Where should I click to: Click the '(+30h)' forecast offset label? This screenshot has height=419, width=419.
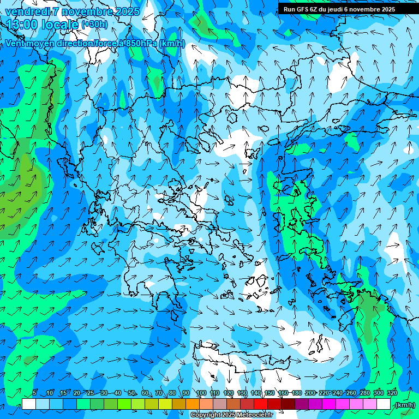pos(94,24)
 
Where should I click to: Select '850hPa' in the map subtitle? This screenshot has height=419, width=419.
pos(141,44)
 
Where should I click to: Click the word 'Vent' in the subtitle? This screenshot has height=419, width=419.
pos(16,44)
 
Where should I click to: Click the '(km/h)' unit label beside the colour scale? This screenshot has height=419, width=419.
pos(405,405)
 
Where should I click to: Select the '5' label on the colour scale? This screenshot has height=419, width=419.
pos(34,393)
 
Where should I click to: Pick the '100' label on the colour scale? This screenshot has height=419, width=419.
pos(201,393)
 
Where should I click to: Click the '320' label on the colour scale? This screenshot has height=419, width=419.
pos(392,393)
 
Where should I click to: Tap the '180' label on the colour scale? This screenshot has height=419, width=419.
pos(296,393)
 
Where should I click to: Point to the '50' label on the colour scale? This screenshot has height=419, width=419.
pos(131,393)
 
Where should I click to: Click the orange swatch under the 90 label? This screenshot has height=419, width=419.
pos(193,404)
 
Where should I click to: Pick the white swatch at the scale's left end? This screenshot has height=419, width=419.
pos(29,404)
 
